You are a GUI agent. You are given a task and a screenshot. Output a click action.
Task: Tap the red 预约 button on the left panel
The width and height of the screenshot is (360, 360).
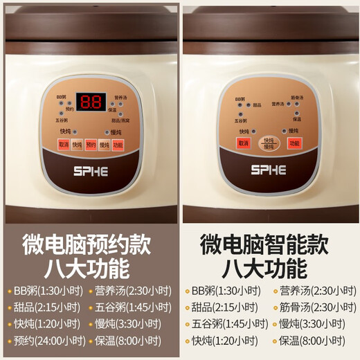(91, 145)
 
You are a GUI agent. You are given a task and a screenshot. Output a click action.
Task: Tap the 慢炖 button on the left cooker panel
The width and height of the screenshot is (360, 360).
(105, 145)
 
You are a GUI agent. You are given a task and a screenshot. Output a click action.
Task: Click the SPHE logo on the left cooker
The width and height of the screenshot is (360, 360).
(91, 169)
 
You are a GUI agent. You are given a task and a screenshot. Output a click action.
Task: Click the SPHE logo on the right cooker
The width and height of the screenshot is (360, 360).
(269, 169)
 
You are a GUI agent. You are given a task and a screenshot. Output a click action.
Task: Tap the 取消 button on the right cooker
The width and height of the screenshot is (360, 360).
(243, 143)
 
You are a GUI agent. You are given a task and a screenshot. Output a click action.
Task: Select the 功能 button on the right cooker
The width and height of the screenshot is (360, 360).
(294, 143)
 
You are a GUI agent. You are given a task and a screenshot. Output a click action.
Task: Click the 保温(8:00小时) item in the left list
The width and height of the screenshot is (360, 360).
(129, 341)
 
